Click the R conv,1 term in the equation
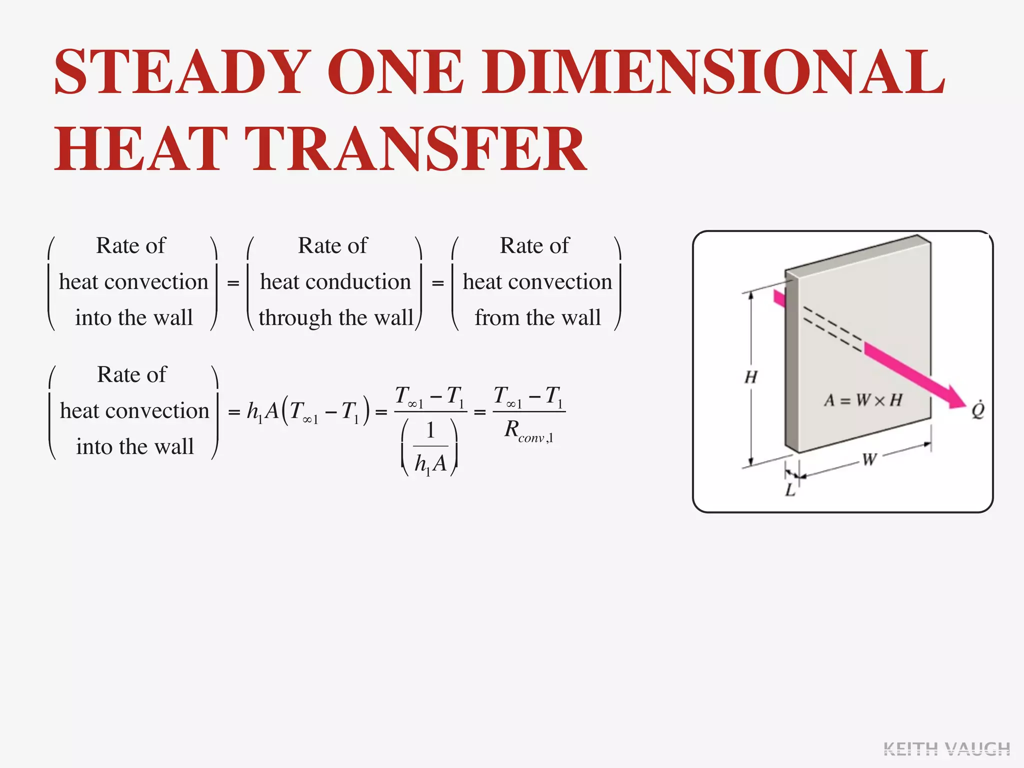tap(528, 431)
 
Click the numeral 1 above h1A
tap(430, 430)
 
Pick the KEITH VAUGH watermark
tap(946, 749)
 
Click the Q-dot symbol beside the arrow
tap(977, 410)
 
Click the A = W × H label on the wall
tap(863, 400)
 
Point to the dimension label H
tap(750, 377)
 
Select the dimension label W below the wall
tap(869, 459)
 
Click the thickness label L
tap(790, 490)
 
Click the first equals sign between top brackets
tap(233, 283)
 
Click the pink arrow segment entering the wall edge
tap(779, 298)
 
